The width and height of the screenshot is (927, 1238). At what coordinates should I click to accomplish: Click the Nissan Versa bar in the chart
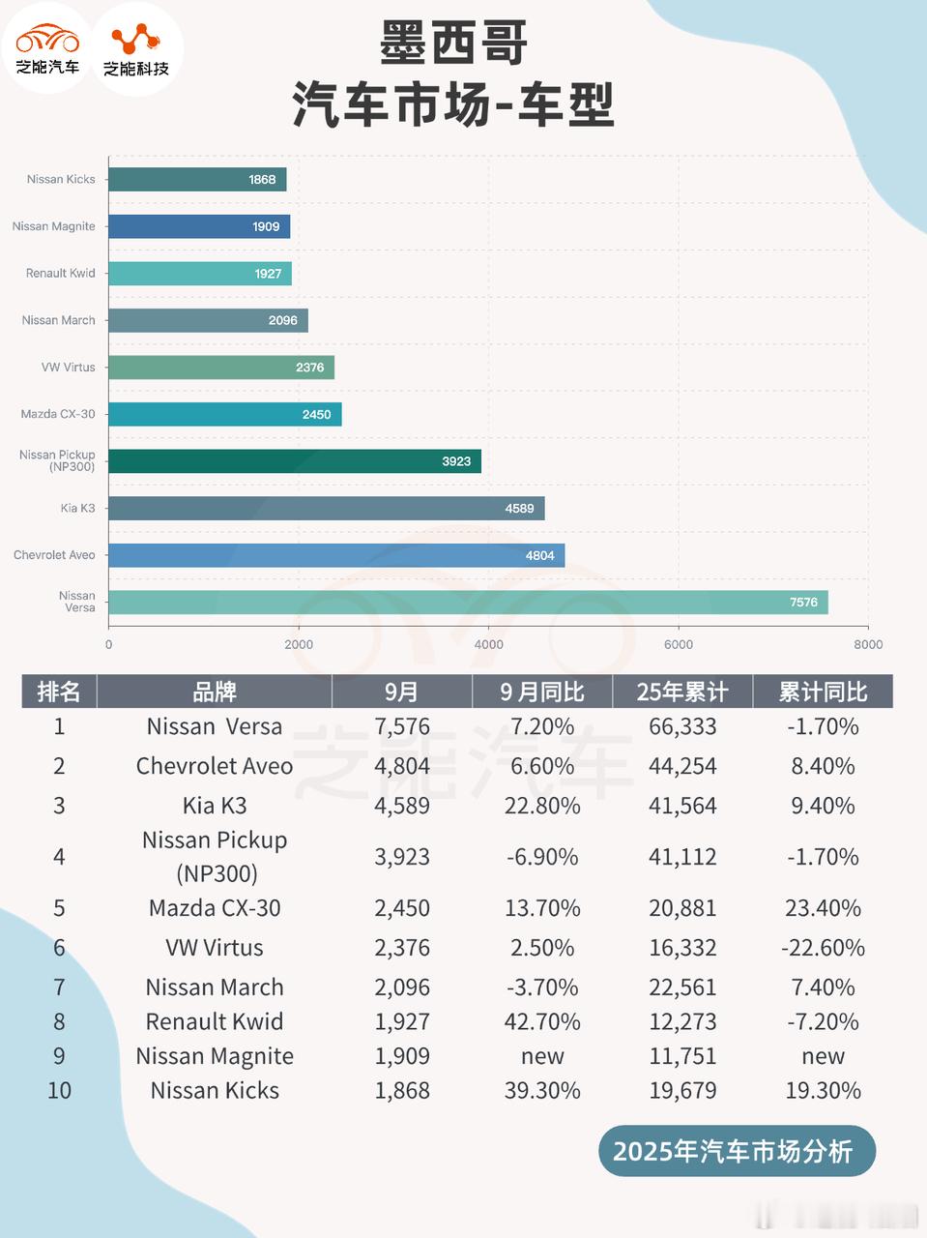tap(468, 602)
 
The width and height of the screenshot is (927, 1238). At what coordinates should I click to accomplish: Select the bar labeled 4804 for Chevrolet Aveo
tap(336, 555)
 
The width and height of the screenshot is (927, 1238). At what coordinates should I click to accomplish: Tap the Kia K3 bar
tap(326, 508)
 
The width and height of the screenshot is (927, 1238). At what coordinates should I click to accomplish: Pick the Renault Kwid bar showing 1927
tap(199, 274)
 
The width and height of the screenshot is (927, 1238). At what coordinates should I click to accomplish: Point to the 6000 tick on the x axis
tap(679, 644)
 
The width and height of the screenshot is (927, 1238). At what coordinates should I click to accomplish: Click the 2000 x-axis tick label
tap(299, 644)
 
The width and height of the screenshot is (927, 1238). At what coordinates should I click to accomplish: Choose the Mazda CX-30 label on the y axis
tap(58, 414)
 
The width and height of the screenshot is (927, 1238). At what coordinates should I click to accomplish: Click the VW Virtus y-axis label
tap(68, 368)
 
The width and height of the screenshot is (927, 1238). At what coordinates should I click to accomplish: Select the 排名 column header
tap(59, 692)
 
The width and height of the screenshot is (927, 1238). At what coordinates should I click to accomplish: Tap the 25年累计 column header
tap(682, 692)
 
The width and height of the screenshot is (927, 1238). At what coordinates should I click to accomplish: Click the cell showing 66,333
tap(682, 726)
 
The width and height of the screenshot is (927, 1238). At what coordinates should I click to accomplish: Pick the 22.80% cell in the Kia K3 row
tap(542, 806)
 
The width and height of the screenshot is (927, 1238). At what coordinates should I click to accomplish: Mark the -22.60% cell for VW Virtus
tap(823, 948)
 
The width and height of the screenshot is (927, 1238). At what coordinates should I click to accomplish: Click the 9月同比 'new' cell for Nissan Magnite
tap(542, 1056)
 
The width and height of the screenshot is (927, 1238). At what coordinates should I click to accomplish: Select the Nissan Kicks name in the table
tap(215, 1091)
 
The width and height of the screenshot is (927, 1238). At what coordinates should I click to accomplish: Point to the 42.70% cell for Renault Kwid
tap(542, 1021)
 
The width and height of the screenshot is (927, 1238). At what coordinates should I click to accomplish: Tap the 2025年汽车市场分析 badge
tap(733, 1151)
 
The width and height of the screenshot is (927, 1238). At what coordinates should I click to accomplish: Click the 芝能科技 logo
tap(136, 48)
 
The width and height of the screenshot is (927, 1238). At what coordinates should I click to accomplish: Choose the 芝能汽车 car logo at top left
tap(47, 48)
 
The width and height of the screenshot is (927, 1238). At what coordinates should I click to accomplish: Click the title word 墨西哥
tap(453, 44)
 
